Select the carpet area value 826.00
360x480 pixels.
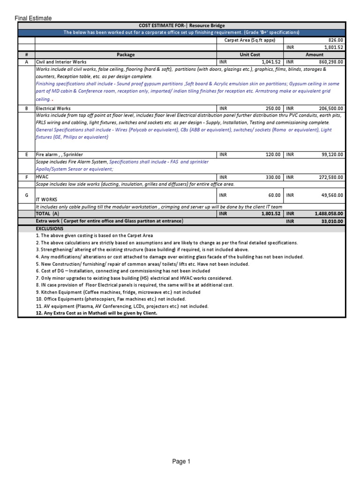pyautogui.click(x=335, y=40)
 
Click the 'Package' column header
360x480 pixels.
pyautogui.click(x=125, y=54)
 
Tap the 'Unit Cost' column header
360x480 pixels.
pyautogui.click(x=250, y=54)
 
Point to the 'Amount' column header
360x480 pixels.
pyautogui.click(x=315, y=54)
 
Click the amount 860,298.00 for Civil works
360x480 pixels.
pyautogui.click(x=328, y=61)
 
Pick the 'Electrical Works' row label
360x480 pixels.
pyautogui.click(x=53, y=108)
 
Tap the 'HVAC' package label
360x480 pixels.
pyautogui.click(x=42, y=177)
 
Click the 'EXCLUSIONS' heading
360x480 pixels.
pyautogui.click(x=49, y=228)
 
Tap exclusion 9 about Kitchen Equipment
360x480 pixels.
pyautogui.click(x=118, y=292)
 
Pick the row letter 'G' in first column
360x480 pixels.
pyautogui.click(x=26, y=195)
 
